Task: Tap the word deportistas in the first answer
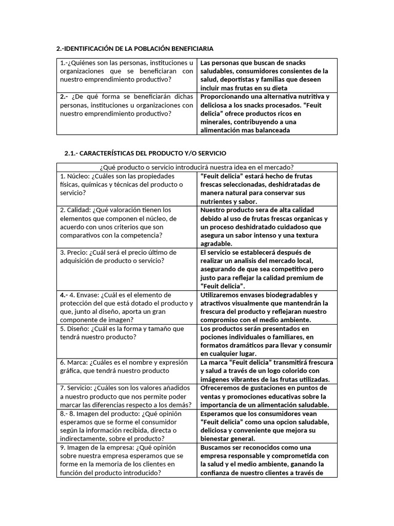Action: pyautogui.click(x=218, y=79)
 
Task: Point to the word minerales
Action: pyautogui.click(x=216, y=122)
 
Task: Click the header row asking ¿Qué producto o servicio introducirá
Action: pyautogui.click(x=197, y=167)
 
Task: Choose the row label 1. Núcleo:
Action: pyautogui.click(x=75, y=176)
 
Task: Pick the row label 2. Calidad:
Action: pyautogui.click(x=76, y=210)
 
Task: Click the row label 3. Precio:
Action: pyautogui.click(x=74, y=252)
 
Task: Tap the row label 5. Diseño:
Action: pyautogui.click(x=75, y=328)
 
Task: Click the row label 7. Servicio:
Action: pyautogui.click(x=77, y=388)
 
